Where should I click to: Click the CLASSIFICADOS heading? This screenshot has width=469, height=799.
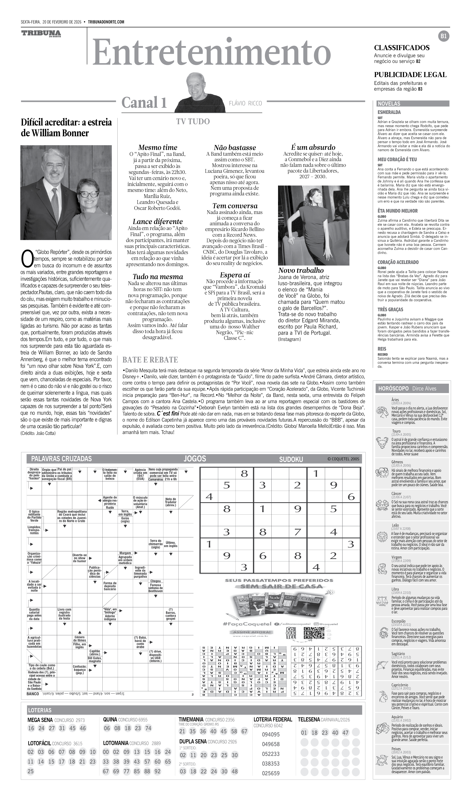(402, 48)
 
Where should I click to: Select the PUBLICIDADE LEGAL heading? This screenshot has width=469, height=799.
(410, 75)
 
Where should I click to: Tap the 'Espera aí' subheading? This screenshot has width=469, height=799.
(235, 275)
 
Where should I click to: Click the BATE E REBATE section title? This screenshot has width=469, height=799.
(150, 360)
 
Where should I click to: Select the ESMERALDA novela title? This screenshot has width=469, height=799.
(389, 112)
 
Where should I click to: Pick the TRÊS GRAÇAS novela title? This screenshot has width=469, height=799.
(390, 309)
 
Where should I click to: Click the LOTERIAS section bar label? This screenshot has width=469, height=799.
(40, 710)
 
